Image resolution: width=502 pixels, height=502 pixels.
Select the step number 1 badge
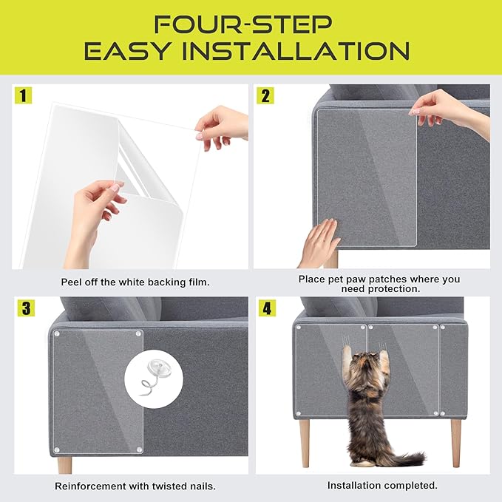(24, 95)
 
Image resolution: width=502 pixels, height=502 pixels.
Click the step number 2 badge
(265, 95)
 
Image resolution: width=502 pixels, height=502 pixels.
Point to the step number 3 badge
(24, 308)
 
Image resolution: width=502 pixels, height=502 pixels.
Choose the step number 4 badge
(265, 308)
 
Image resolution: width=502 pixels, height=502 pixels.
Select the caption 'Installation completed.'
(382, 486)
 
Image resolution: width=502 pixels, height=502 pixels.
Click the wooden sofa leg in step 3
(65, 464)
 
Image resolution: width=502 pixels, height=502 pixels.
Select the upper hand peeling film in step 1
(222, 121)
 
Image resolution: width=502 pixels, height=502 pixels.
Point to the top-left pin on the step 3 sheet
(58, 335)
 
